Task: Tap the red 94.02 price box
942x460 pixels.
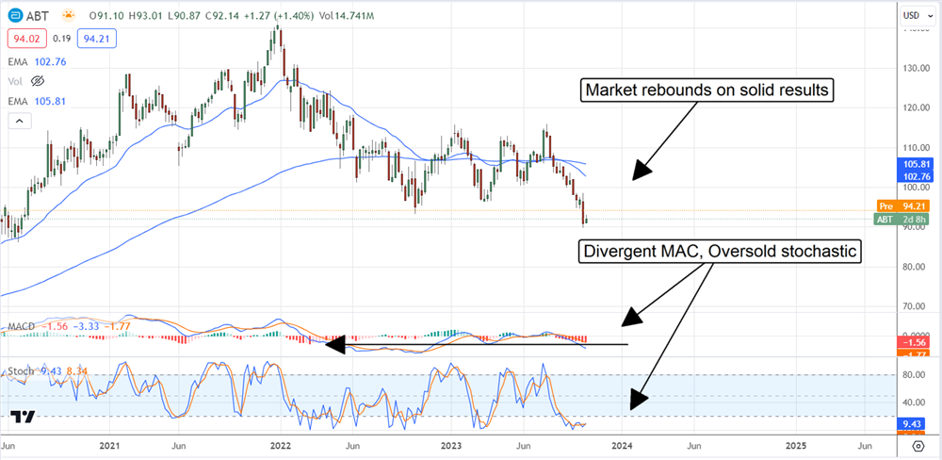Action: pyautogui.click(x=23, y=38)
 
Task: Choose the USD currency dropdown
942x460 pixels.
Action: pyautogui.click(x=912, y=15)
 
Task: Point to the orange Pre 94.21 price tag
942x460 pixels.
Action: pyautogui.click(x=906, y=205)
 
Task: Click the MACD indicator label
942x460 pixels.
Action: pyautogui.click(x=22, y=327)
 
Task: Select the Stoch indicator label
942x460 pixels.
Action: pyautogui.click(x=21, y=371)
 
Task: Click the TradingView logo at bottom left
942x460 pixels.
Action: pyautogui.click(x=24, y=417)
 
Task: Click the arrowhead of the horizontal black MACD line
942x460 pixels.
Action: pyautogui.click(x=329, y=344)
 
